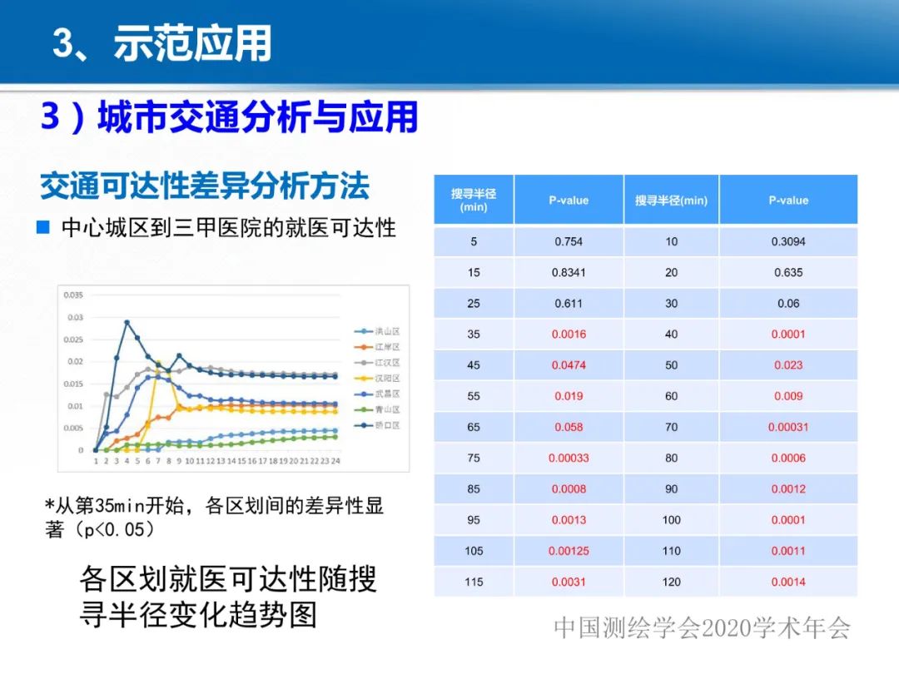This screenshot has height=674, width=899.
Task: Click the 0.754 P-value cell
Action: pos(569,241)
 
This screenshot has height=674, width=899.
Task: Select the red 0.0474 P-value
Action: pos(569,365)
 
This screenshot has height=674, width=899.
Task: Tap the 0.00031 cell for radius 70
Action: pos(787,427)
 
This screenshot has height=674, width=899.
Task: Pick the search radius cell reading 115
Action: pos(474,582)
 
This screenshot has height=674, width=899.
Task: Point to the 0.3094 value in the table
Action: pos(787,241)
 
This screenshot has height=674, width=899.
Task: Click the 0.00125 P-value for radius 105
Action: pos(569,551)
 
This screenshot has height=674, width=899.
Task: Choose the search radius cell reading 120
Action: pos(671,582)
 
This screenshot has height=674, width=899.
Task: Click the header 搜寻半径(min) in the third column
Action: pos(671,201)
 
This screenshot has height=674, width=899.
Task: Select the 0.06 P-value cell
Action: pos(787,304)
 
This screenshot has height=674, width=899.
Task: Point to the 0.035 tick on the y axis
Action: pos(73,295)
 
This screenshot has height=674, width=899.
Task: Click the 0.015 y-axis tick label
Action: pos(73,384)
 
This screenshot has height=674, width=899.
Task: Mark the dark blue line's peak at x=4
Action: pos(127,322)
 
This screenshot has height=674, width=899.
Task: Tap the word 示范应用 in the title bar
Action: pos(193,44)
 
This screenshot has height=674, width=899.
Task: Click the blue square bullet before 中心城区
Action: pos(44,227)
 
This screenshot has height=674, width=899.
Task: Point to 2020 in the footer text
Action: pos(729,628)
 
